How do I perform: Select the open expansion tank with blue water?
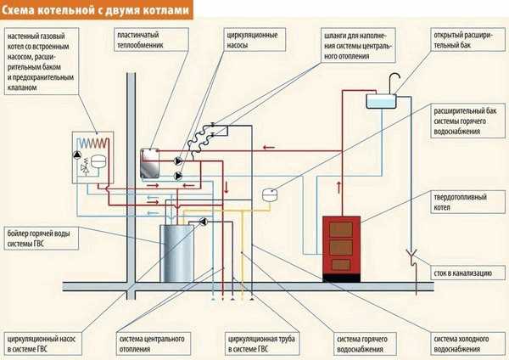[x=383, y=100]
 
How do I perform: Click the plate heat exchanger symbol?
[x=151, y=164]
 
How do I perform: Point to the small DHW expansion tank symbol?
[x=269, y=192]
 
